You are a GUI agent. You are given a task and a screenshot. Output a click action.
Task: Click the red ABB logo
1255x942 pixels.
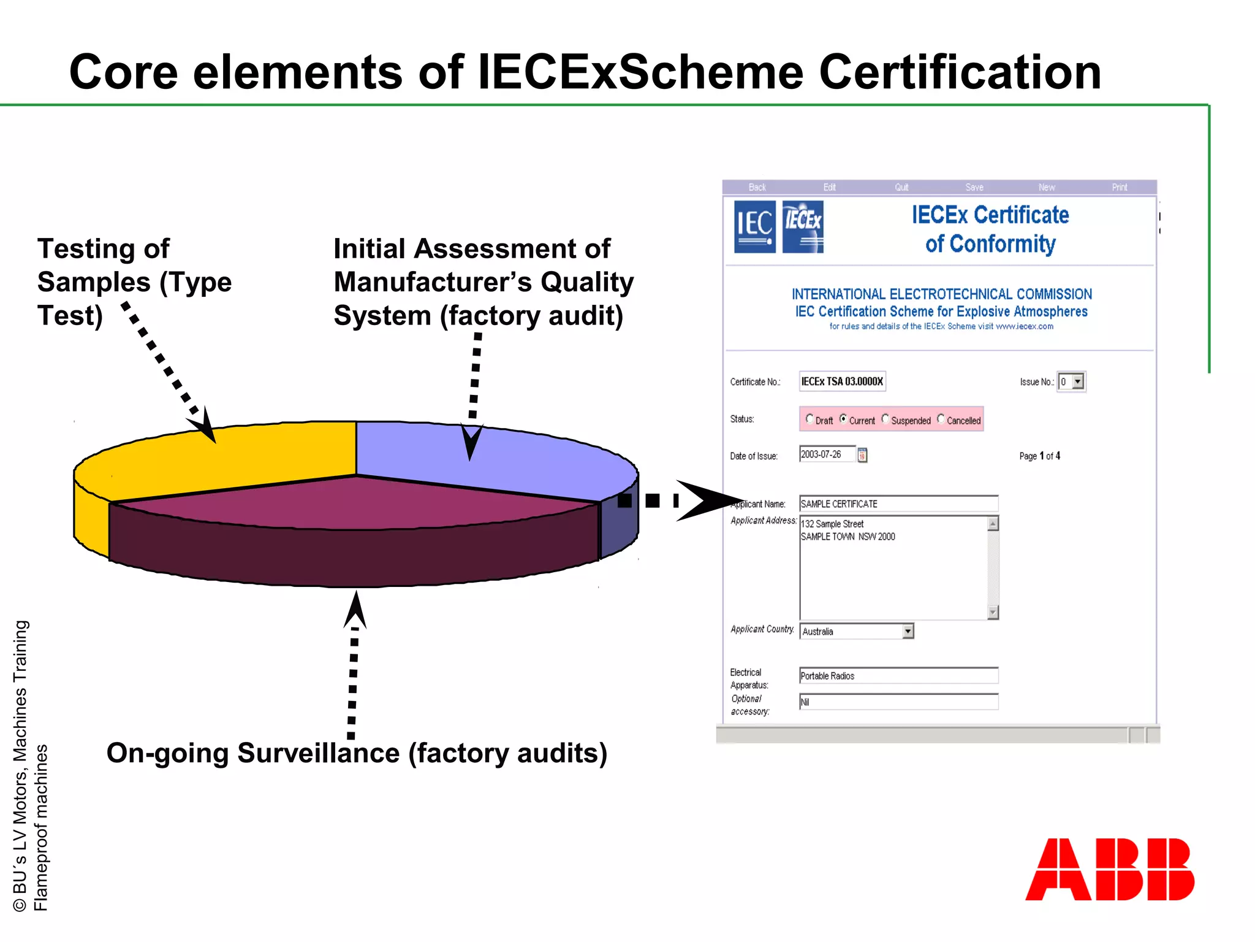point(1110,869)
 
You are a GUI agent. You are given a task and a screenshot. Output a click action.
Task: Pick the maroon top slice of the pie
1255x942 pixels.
point(355,503)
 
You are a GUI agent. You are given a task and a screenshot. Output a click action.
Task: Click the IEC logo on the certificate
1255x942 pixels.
point(755,226)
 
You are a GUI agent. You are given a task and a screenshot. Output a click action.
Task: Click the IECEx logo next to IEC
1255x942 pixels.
point(803,226)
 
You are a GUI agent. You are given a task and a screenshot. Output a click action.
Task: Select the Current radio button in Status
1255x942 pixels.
point(843,419)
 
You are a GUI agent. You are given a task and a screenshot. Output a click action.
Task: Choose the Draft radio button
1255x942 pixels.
point(809,419)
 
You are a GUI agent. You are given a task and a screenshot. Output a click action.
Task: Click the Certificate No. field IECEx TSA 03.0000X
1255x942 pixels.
point(842,381)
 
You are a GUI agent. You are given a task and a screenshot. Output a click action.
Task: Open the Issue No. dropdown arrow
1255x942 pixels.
point(1078,381)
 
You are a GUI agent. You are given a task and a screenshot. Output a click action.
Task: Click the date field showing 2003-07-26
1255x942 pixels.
point(826,454)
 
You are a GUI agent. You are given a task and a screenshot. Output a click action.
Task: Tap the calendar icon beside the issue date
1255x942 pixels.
point(862,455)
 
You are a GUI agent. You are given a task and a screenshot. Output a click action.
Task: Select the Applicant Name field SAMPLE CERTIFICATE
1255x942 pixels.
point(898,504)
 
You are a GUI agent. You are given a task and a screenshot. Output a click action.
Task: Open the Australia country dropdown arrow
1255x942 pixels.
point(908,631)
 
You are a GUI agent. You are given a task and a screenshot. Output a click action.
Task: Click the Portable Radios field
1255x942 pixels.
point(898,676)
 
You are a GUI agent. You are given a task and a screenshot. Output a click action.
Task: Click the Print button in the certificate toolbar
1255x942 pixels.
point(1120,187)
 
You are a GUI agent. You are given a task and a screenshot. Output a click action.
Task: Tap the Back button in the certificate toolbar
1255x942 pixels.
point(757,187)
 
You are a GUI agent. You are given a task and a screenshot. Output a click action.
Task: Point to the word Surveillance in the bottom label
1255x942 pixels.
point(319,753)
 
